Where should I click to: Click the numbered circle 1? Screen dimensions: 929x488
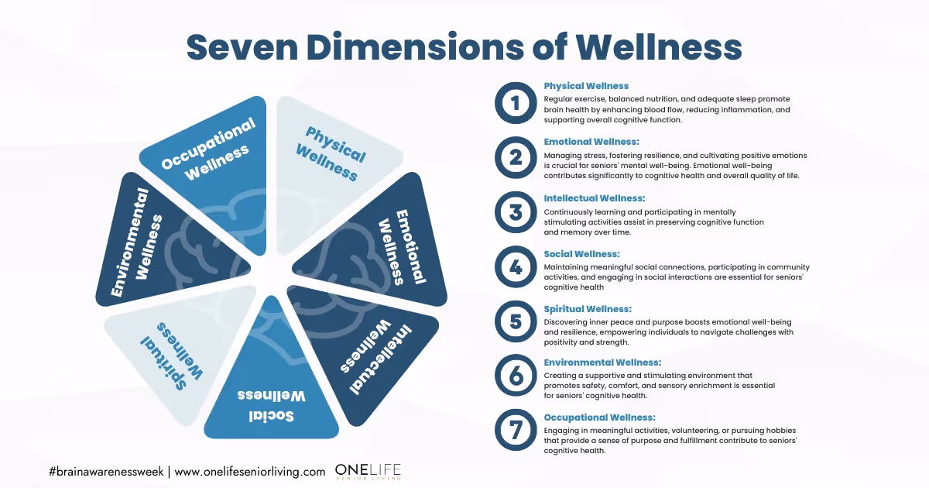[x=516, y=103]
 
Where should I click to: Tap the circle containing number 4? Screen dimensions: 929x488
[x=516, y=266]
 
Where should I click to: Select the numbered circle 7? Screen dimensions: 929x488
[x=516, y=430]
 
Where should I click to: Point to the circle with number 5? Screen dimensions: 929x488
[x=516, y=321]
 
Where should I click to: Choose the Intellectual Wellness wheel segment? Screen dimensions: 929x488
[x=365, y=349]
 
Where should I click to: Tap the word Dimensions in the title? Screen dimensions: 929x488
[x=416, y=47]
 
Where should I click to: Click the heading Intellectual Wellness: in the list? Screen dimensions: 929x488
[x=595, y=198]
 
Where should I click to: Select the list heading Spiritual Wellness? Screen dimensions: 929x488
[x=588, y=309]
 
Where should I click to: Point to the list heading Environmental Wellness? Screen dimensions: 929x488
[x=602, y=363]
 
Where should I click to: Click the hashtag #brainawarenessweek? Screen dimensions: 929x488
[x=106, y=472]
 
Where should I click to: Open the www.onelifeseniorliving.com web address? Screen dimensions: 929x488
[x=249, y=473]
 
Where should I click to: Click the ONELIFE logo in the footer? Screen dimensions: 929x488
[x=368, y=472]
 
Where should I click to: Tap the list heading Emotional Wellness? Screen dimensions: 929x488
[x=591, y=142]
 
